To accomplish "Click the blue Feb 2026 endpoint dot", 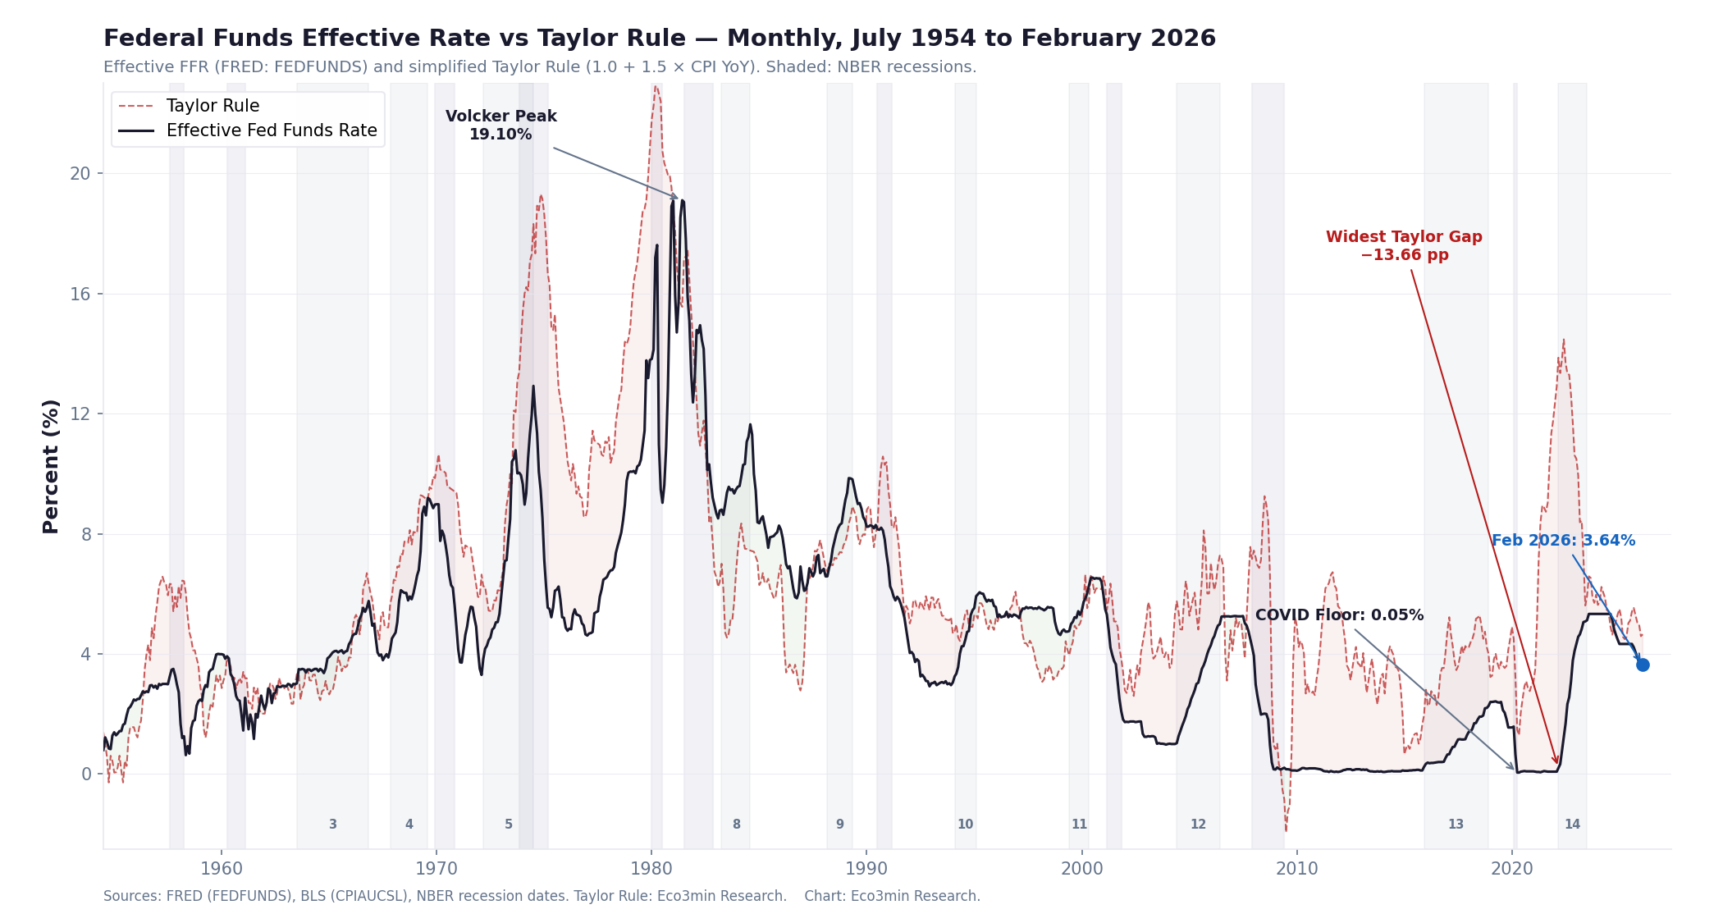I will coord(1643,665).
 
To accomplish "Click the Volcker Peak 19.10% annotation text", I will coord(500,126).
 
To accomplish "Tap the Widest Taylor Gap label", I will coord(1404,245).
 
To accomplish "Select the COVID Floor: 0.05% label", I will coord(1339,615).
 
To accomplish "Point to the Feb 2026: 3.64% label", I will coord(1563,541).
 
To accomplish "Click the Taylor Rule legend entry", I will coord(213,106).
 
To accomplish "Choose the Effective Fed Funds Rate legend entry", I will coord(271,130).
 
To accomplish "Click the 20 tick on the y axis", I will coord(80,174).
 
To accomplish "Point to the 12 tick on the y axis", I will coord(80,414).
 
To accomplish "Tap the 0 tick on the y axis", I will coord(86,774).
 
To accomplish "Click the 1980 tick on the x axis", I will coord(651,869).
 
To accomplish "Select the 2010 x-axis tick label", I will coord(1296,869).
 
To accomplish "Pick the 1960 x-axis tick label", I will coord(222,869).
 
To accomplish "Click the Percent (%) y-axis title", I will coord(51,466).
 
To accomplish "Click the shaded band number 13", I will coord(1456,825).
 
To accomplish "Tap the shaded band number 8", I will coord(736,825).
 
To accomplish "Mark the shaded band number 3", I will coord(332,825).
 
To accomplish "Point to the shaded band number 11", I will coord(1079,825).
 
